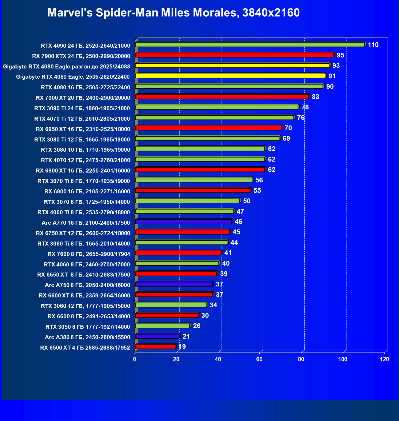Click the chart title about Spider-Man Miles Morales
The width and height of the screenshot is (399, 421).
(x=173, y=13)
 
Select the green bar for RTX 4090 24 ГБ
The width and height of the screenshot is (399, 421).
(x=250, y=45)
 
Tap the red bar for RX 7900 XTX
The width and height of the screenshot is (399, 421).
(x=234, y=55)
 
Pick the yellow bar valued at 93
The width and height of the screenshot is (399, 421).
(x=232, y=66)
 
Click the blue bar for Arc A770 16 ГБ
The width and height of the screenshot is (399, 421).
(x=183, y=222)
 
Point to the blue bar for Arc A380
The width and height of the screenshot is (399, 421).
(x=157, y=336)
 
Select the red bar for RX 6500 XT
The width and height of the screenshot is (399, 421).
(x=155, y=347)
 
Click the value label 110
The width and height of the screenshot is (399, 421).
(x=373, y=45)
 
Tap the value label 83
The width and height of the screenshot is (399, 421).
(x=315, y=97)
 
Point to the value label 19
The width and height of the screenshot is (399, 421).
(x=182, y=347)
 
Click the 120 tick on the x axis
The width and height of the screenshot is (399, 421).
(x=384, y=359)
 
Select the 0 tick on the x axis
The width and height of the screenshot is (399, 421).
(x=135, y=359)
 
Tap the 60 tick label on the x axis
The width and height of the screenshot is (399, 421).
(x=259, y=359)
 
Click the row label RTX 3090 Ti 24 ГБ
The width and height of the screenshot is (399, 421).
(x=82, y=108)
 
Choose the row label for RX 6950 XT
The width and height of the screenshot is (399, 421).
(x=83, y=129)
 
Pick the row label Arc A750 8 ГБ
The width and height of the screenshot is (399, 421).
(x=87, y=285)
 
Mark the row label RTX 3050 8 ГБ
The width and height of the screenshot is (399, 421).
(x=88, y=327)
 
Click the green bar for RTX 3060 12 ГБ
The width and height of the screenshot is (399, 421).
(x=171, y=305)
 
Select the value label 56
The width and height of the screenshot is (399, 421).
(x=259, y=180)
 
